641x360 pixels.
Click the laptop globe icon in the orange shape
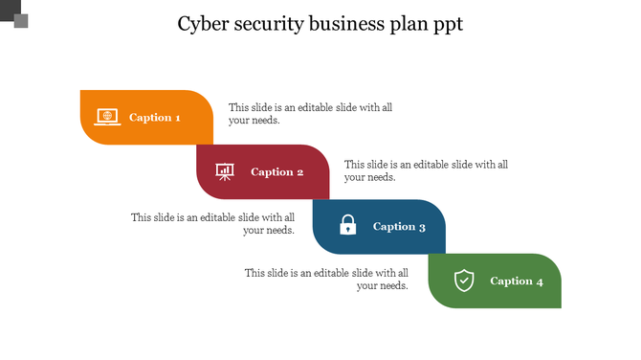[107, 117]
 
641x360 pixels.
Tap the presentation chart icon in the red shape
[225, 171]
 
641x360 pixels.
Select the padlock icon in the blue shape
[348, 226]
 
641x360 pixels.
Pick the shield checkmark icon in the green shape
[464, 281]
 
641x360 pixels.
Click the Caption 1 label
[155, 118]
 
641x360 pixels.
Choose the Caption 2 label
[277, 172]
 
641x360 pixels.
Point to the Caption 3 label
[399, 227]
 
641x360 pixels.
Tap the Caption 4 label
[517, 281]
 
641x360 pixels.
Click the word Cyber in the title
[205, 25]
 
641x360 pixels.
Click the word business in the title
[353, 25]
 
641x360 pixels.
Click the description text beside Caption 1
[310, 114]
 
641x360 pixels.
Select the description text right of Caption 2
[426, 170]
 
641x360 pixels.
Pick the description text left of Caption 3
[212, 223]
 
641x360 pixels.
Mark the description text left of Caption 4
[326, 279]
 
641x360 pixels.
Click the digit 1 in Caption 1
[177, 118]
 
